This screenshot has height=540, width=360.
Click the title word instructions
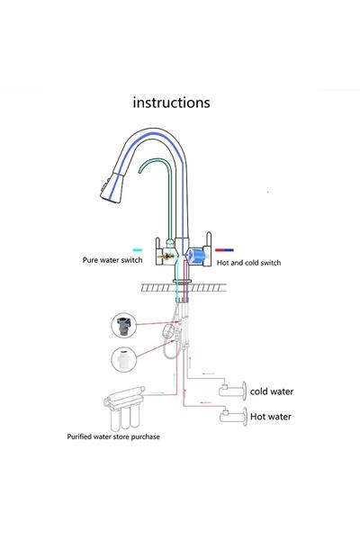(171, 102)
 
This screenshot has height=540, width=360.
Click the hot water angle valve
(232, 416)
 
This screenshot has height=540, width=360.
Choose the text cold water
(271, 391)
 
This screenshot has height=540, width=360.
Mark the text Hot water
(270, 416)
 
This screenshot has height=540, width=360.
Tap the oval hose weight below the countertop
(166, 332)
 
